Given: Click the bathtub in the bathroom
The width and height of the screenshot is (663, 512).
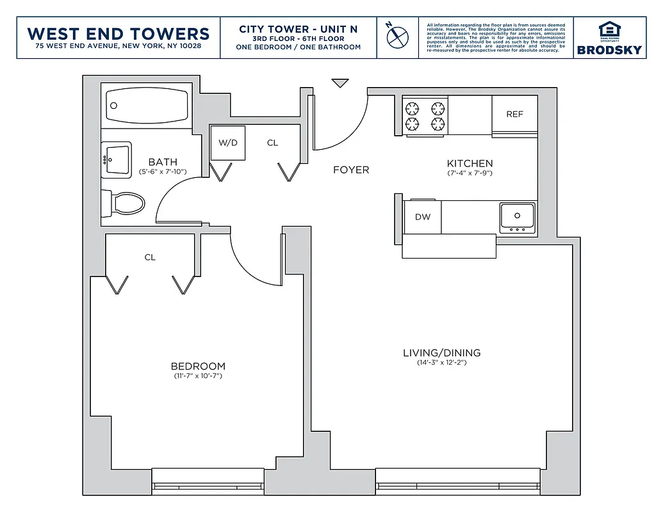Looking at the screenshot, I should coord(147,107).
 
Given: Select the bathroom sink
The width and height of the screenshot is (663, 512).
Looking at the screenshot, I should coord(117,159).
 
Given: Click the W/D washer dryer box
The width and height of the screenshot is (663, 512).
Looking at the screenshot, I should coord(228,143).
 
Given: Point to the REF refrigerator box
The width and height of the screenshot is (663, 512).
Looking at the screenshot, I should coord(514,115).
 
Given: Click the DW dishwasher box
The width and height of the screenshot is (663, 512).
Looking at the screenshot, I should coord(423,217).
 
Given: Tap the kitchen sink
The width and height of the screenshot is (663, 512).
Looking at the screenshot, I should coord(517,217).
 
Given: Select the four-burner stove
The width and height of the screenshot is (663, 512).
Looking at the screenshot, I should coord(425,115).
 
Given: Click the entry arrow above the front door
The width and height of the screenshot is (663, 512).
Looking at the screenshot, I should coord(340,83).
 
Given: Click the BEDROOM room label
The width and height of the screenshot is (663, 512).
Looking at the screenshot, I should coord(198,367).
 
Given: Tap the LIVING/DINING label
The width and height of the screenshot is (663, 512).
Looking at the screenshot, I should coord(441,353).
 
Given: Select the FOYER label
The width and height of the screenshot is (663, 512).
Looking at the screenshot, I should coord(351,170).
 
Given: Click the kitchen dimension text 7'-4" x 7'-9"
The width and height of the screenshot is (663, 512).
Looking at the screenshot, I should coord(470,173).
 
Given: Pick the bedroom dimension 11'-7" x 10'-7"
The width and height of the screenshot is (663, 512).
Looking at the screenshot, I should coord(198,376).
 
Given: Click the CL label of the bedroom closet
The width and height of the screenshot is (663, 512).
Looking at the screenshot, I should coord(150,258).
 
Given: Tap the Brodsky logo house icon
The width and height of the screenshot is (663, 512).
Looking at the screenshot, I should coord(610,31).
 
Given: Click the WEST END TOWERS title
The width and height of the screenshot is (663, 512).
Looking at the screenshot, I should coord(119,34).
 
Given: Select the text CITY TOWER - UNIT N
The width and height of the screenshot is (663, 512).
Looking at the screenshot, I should coord(298,29).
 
